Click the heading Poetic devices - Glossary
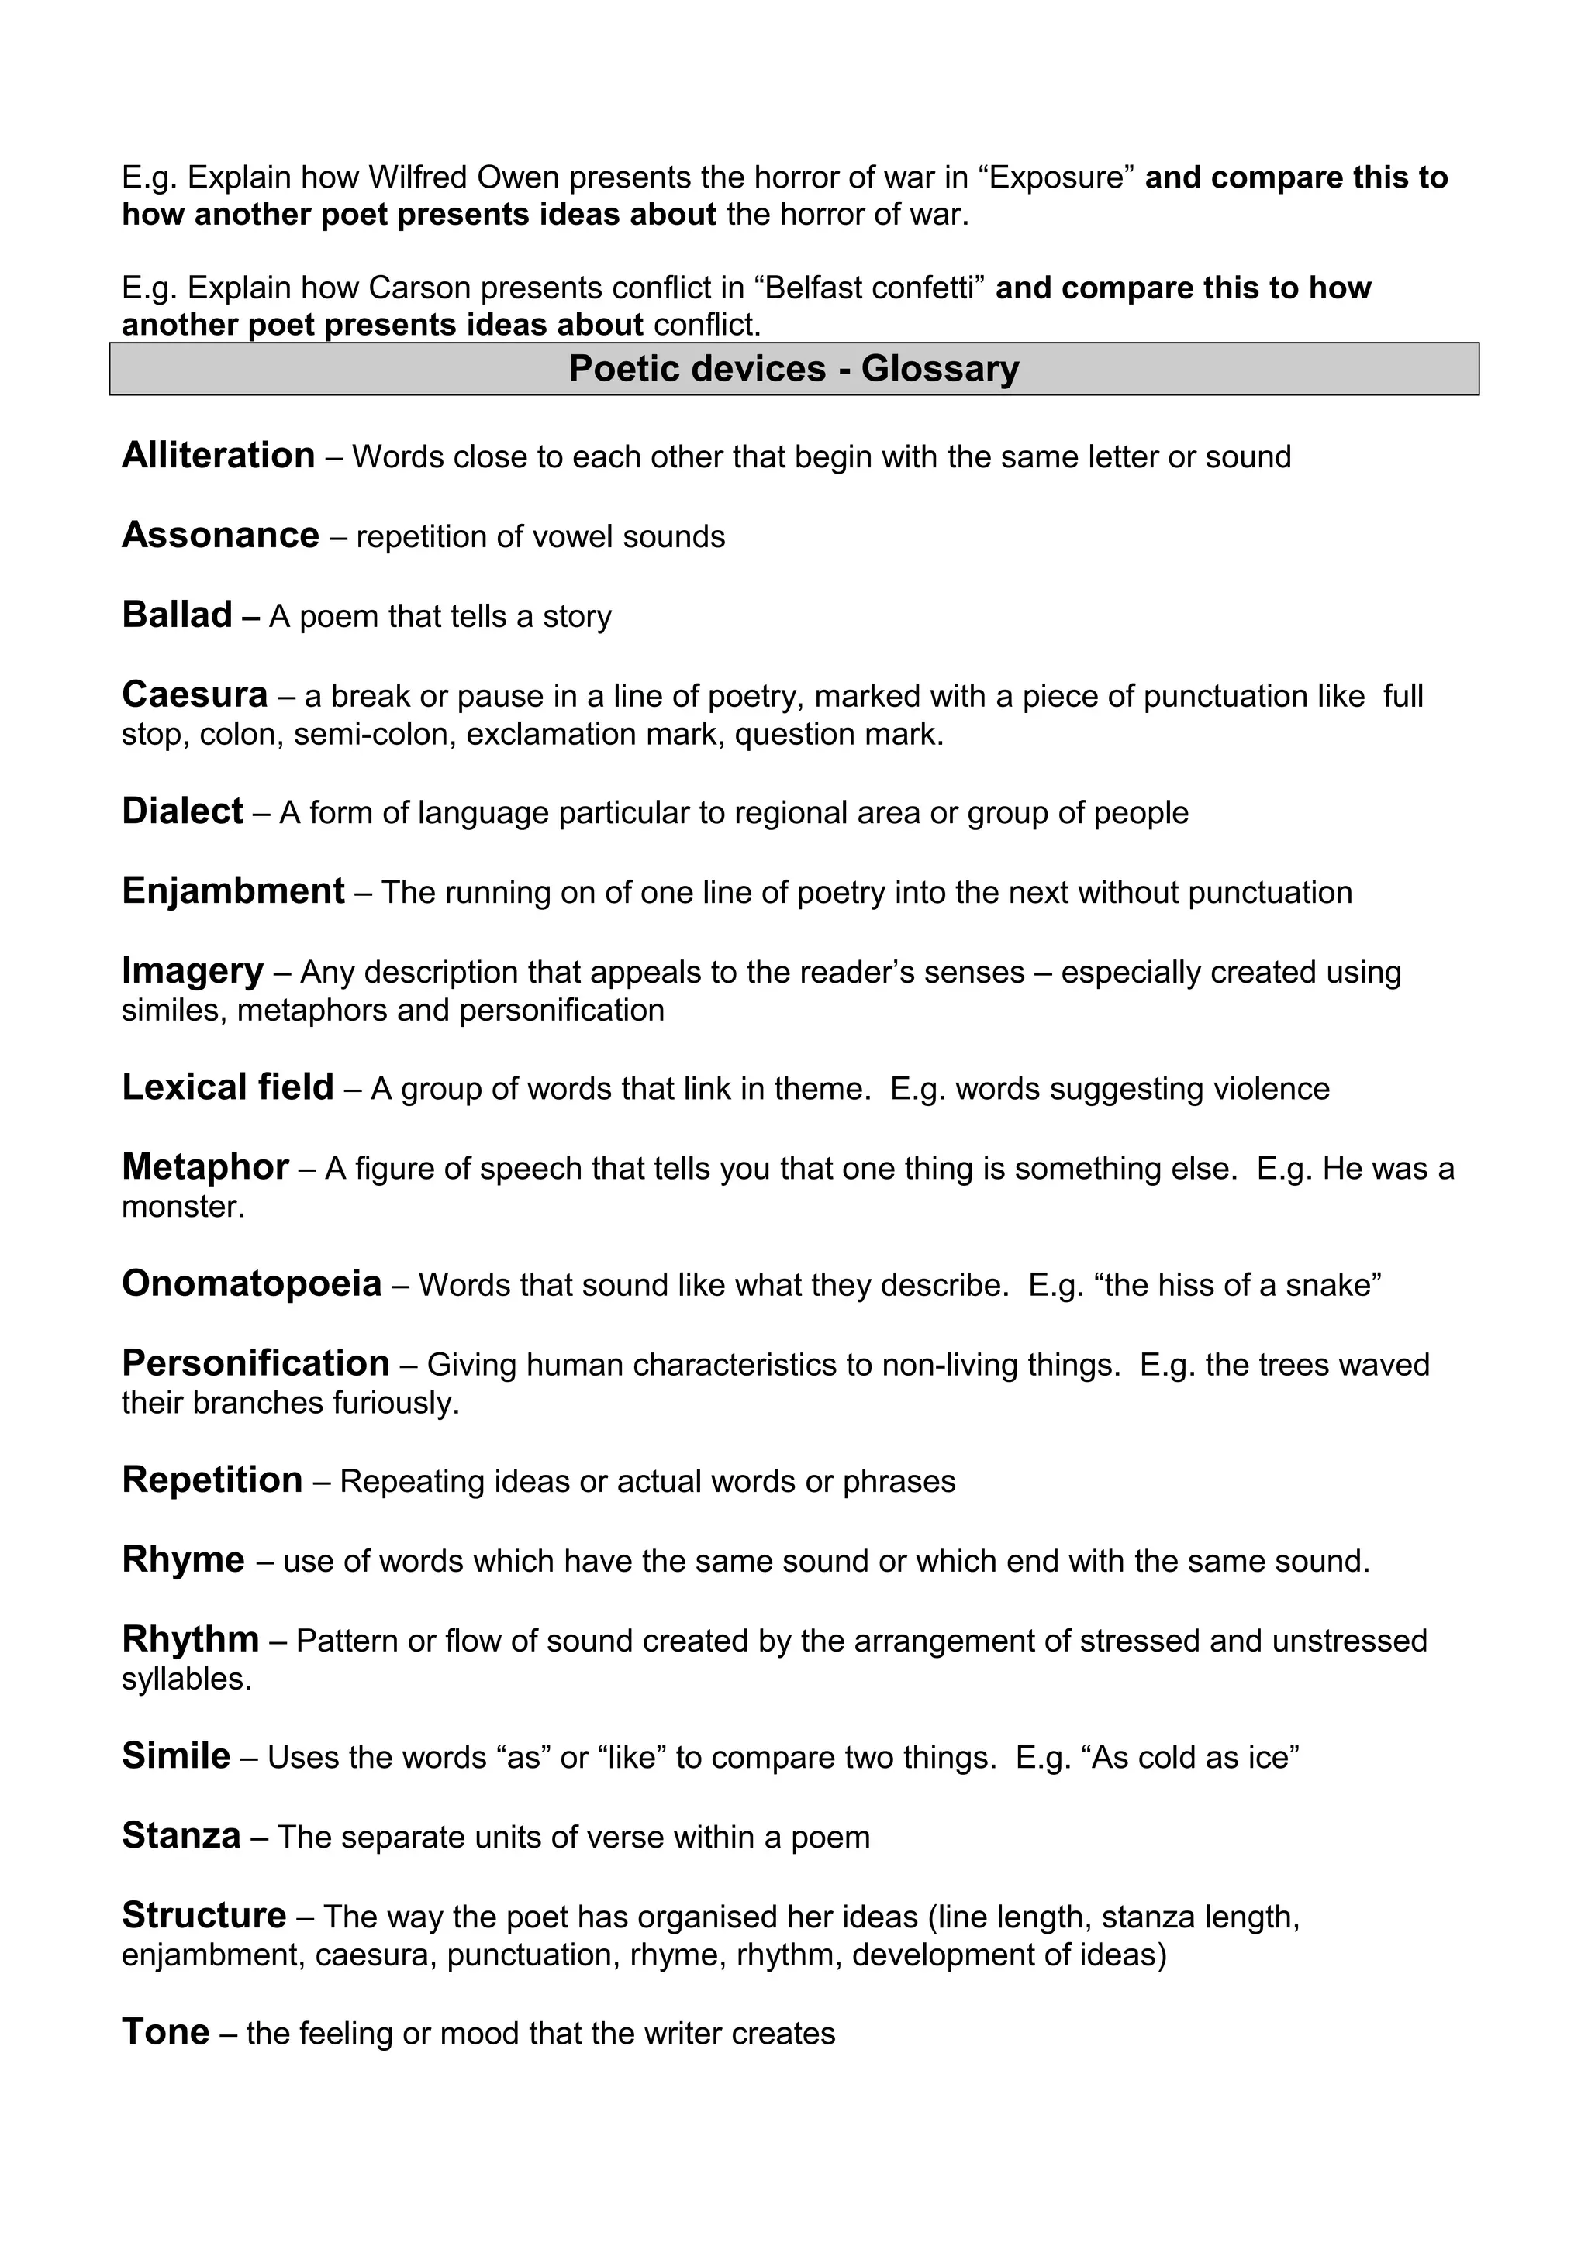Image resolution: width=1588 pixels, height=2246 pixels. pyautogui.click(x=793, y=369)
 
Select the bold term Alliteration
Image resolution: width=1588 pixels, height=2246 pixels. pyautogui.click(x=218, y=456)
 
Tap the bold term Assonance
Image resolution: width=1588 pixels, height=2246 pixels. pyautogui.click(x=220, y=535)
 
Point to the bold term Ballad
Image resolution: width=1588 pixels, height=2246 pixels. pyautogui.click(x=177, y=615)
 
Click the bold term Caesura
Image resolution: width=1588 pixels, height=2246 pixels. pyautogui.click(x=195, y=694)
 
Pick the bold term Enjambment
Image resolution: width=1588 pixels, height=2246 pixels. pyautogui.click(x=233, y=891)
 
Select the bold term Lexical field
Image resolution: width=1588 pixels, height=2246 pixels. pyautogui.click(x=227, y=1088)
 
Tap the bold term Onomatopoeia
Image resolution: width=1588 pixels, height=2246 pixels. pyautogui.click(x=251, y=1283)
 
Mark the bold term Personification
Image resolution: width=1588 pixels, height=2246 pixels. pyautogui.click(x=255, y=1362)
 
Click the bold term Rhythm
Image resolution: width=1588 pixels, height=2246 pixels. pyautogui.click(x=190, y=1638)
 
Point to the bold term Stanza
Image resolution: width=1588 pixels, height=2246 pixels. pyautogui.click(x=181, y=1835)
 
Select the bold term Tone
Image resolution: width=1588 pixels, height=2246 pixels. pyautogui.click(x=165, y=2032)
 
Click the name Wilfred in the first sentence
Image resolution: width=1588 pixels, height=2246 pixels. pyautogui.click(x=419, y=178)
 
